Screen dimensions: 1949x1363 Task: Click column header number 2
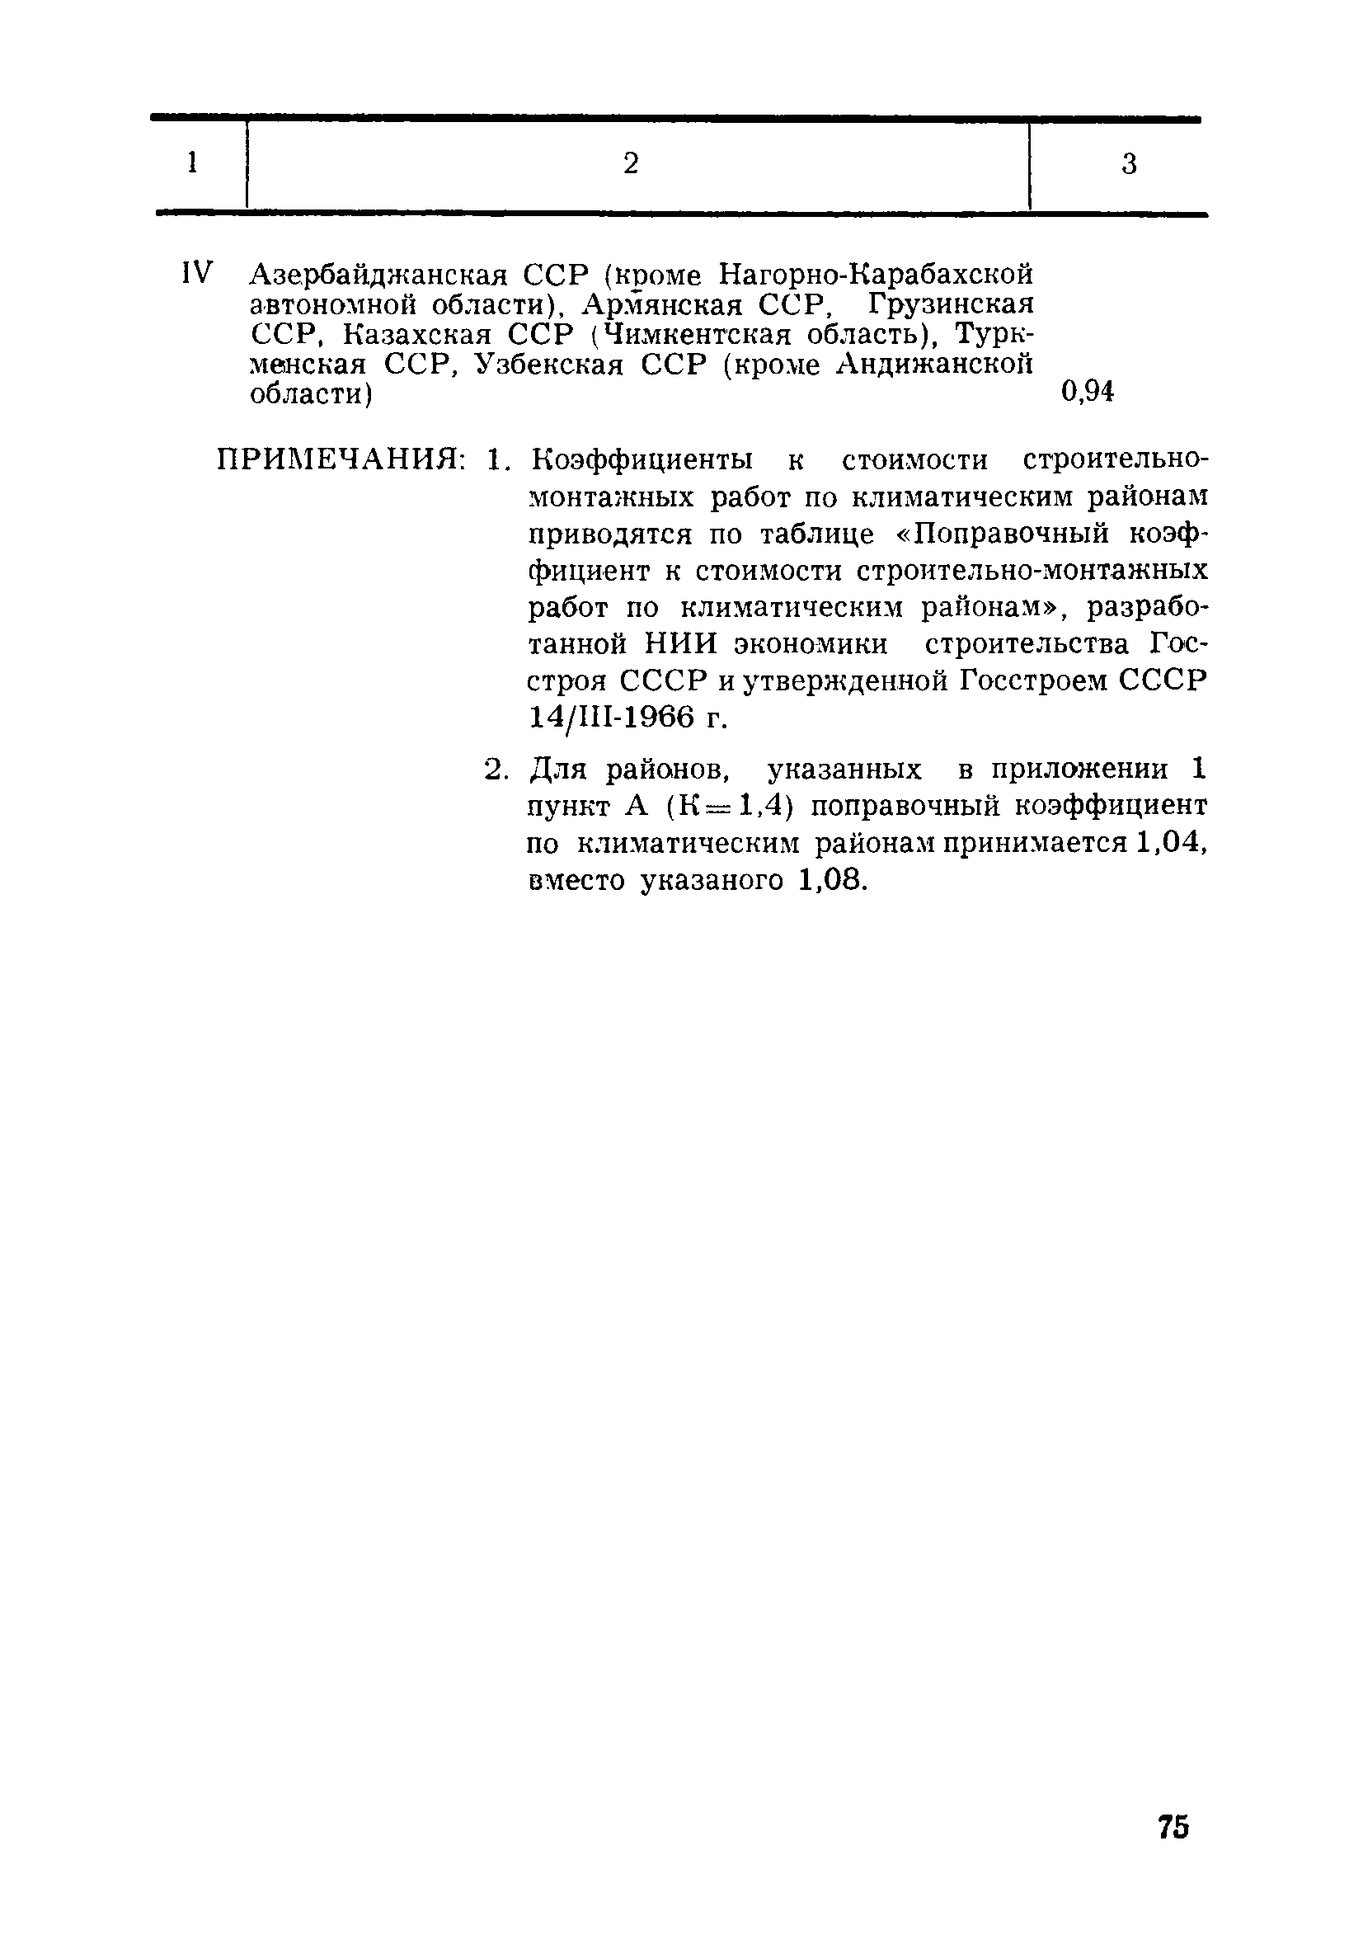pyautogui.click(x=630, y=163)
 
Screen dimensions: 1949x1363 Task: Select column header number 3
pyautogui.click(x=1128, y=164)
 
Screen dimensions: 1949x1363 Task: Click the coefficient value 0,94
pyautogui.click(x=1087, y=392)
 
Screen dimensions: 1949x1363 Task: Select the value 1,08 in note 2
pyautogui.click(x=833, y=880)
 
